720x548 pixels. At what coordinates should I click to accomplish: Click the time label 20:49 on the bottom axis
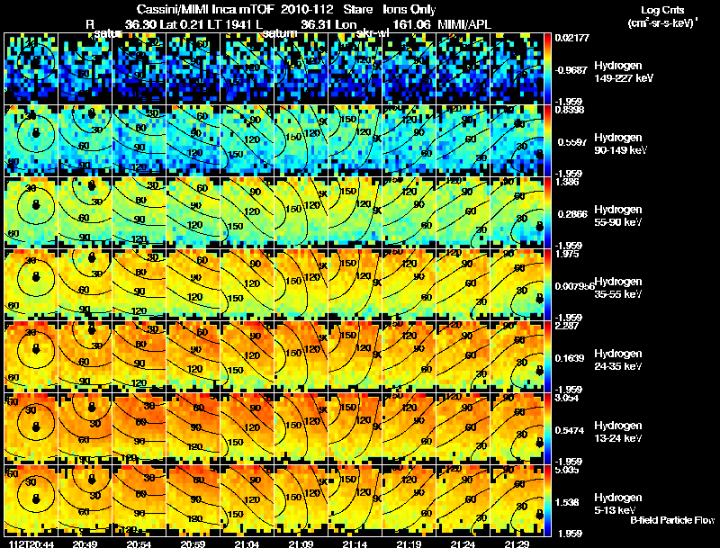tap(85, 544)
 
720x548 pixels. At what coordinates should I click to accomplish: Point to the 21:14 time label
tap(355, 544)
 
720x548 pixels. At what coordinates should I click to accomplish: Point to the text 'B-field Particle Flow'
tap(671, 520)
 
